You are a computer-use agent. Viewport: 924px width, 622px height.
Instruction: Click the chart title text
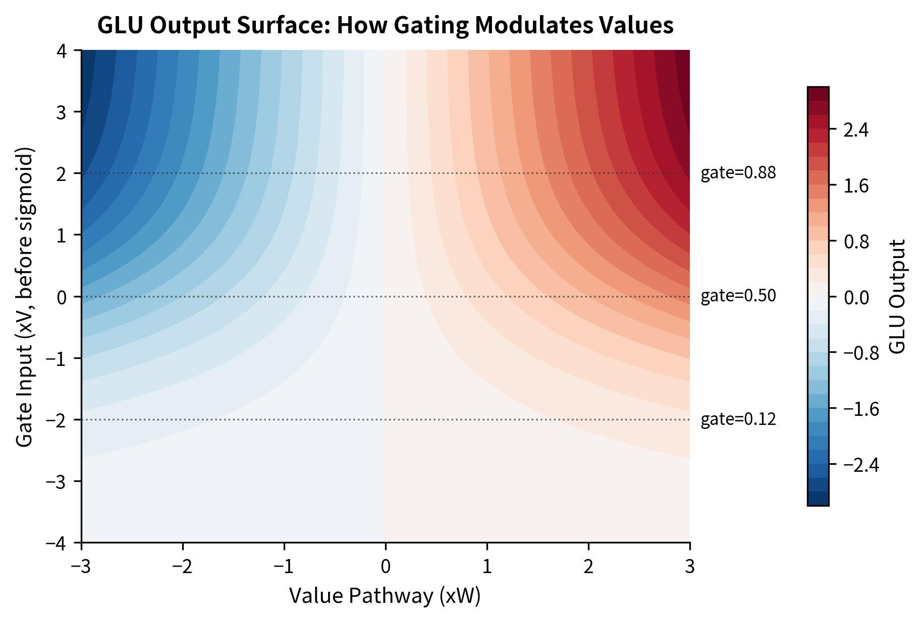[x=385, y=25]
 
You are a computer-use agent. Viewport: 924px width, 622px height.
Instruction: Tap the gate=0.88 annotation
[x=738, y=173]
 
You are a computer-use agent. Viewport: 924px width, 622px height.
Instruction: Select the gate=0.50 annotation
[x=738, y=296]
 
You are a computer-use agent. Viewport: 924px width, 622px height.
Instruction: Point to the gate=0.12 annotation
[x=738, y=419]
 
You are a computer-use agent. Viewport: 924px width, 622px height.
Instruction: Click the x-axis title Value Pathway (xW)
[x=385, y=596]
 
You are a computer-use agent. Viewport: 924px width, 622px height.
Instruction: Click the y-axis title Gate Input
[x=24, y=297]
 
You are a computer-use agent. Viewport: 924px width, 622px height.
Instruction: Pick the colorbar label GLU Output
[x=897, y=296]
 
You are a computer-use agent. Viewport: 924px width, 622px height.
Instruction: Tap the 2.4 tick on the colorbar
[x=856, y=131]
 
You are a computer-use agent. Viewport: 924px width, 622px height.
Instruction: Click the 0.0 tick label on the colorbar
[x=856, y=297]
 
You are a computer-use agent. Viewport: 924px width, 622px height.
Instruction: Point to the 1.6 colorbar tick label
[x=856, y=186]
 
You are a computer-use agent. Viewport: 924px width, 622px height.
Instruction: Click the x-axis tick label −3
[x=81, y=567]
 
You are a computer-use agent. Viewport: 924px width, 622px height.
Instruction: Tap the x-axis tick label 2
[x=588, y=567]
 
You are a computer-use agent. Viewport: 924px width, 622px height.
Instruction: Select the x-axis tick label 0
[x=386, y=567]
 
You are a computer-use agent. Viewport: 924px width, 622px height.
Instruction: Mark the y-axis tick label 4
[x=62, y=51]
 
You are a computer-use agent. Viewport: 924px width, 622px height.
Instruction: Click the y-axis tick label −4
[x=57, y=543]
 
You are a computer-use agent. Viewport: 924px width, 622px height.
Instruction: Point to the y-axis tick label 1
[x=62, y=235]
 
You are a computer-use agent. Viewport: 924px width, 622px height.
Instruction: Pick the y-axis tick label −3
[x=57, y=481]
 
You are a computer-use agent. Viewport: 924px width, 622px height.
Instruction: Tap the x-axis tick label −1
[x=284, y=567]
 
